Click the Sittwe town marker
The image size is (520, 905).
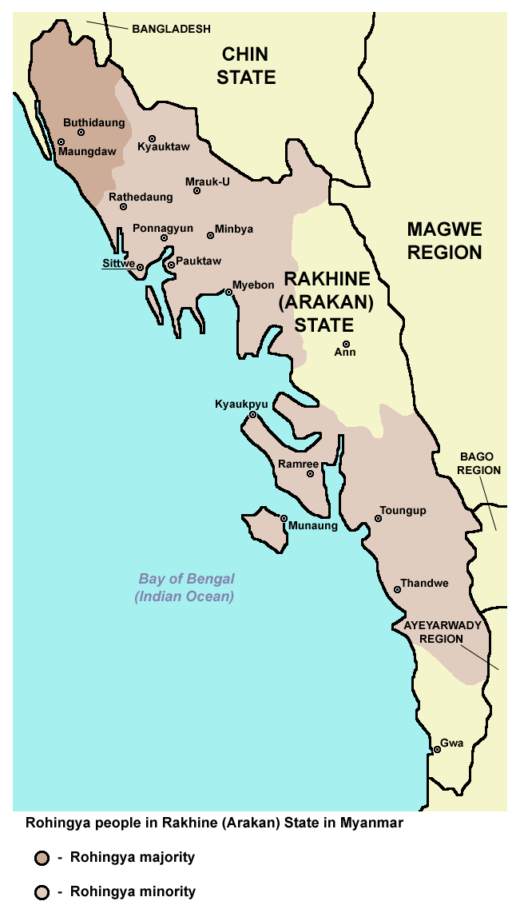point(140,268)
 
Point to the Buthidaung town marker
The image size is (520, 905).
point(81,133)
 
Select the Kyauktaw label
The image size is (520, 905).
point(164,147)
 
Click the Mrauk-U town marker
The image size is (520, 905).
point(197,190)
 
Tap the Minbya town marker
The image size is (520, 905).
point(211,235)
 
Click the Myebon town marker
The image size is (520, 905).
point(228,293)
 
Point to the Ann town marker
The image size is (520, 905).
point(346,344)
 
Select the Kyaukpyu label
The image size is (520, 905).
point(241,405)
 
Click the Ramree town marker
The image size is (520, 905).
point(311,474)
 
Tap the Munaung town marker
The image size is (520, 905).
point(284,518)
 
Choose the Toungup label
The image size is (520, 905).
point(403,510)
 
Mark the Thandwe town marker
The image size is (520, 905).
point(398,589)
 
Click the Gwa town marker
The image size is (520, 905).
point(436,750)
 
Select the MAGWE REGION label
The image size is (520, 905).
point(445,241)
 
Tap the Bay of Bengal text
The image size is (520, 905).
point(186,580)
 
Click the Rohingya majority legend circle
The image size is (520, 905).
point(42,859)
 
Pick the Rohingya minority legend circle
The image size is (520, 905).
point(42,891)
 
